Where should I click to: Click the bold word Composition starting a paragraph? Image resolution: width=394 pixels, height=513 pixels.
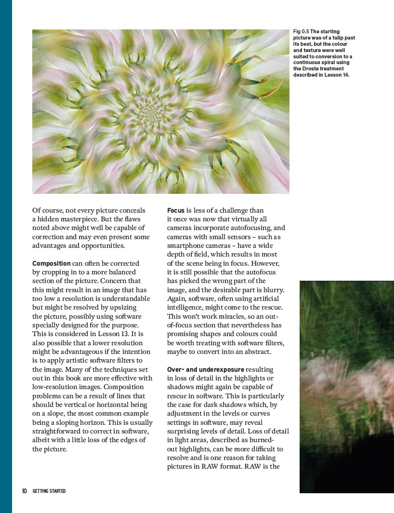coord(52,263)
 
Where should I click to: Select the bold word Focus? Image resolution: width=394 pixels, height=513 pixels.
coord(176,210)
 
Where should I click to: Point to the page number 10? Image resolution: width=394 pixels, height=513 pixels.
coord(24,491)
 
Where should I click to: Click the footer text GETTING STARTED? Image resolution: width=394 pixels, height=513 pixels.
coord(49,491)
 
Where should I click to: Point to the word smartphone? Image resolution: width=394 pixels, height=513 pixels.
coord(187,245)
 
